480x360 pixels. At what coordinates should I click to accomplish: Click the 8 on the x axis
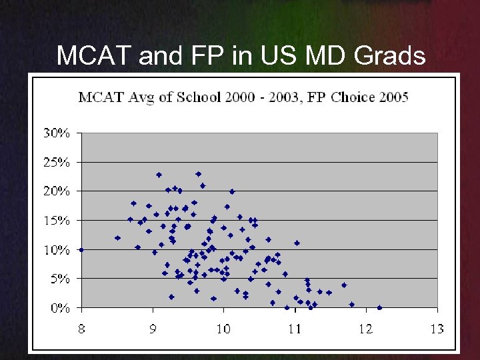(81, 329)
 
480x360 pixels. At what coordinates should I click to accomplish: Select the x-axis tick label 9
(153, 329)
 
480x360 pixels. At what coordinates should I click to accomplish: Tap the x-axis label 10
(223, 329)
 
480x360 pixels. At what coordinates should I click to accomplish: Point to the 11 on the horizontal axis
(295, 329)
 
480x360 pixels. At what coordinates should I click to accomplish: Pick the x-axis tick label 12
(366, 329)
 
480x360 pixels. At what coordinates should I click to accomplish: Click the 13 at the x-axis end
(437, 329)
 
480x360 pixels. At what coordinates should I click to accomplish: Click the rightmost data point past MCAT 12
(379, 308)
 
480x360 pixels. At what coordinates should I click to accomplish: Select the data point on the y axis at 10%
(81, 249)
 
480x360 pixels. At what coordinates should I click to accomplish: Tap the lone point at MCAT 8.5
(117, 238)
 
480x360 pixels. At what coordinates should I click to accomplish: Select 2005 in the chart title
(393, 97)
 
